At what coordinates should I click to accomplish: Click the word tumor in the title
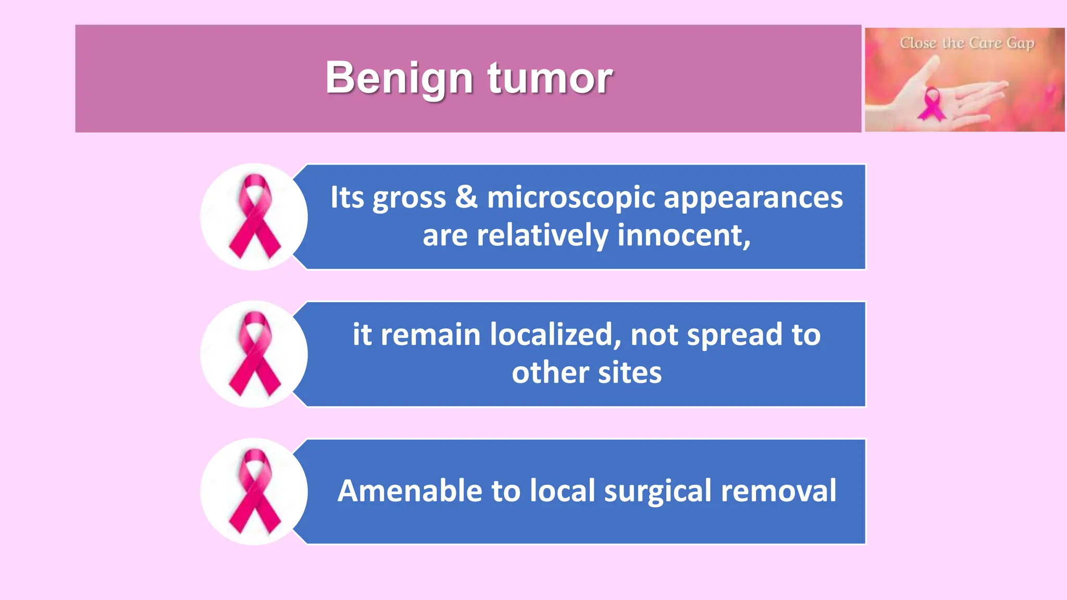(x=550, y=78)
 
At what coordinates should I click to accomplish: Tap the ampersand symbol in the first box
(x=466, y=197)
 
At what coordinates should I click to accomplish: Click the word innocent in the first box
(x=684, y=235)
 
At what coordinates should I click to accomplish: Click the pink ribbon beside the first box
(x=255, y=217)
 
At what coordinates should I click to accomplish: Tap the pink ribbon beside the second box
(x=255, y=354)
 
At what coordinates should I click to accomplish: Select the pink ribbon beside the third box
(x=255, y=492)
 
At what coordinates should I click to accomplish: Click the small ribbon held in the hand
(x=932, y=104)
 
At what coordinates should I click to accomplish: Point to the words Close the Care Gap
(x=967, y=43)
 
